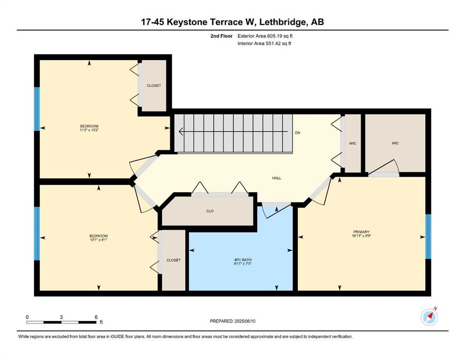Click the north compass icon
click(429, 317)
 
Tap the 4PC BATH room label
click(243, 260)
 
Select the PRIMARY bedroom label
click(361, 232)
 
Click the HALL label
click(277, 178)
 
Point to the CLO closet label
click(210, 211)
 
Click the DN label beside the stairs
click(297, 133)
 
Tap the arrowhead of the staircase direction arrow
click(181, 131)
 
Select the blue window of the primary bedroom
click(428, 236)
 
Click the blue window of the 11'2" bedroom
click(37, 109)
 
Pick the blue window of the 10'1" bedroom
click(37, 233)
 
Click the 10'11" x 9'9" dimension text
click(362, 236)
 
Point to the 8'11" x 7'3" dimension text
click(243, 263)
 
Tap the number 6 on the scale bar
click(96, 317)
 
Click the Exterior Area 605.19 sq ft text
click(265, 36)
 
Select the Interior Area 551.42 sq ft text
click(264, 43)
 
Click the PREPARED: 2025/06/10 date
click(232, 321)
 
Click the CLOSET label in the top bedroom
click(154, 85)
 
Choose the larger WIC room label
click(395, 143)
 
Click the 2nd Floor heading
click(221, 36)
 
